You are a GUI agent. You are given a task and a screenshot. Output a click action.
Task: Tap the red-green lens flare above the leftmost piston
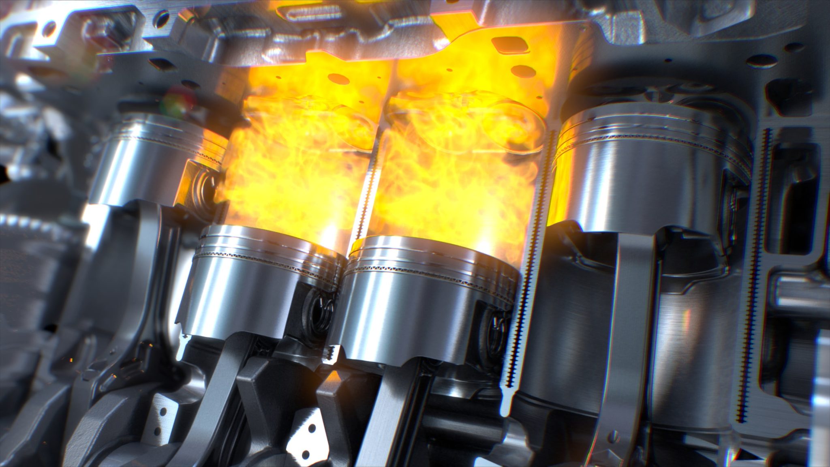178,99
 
